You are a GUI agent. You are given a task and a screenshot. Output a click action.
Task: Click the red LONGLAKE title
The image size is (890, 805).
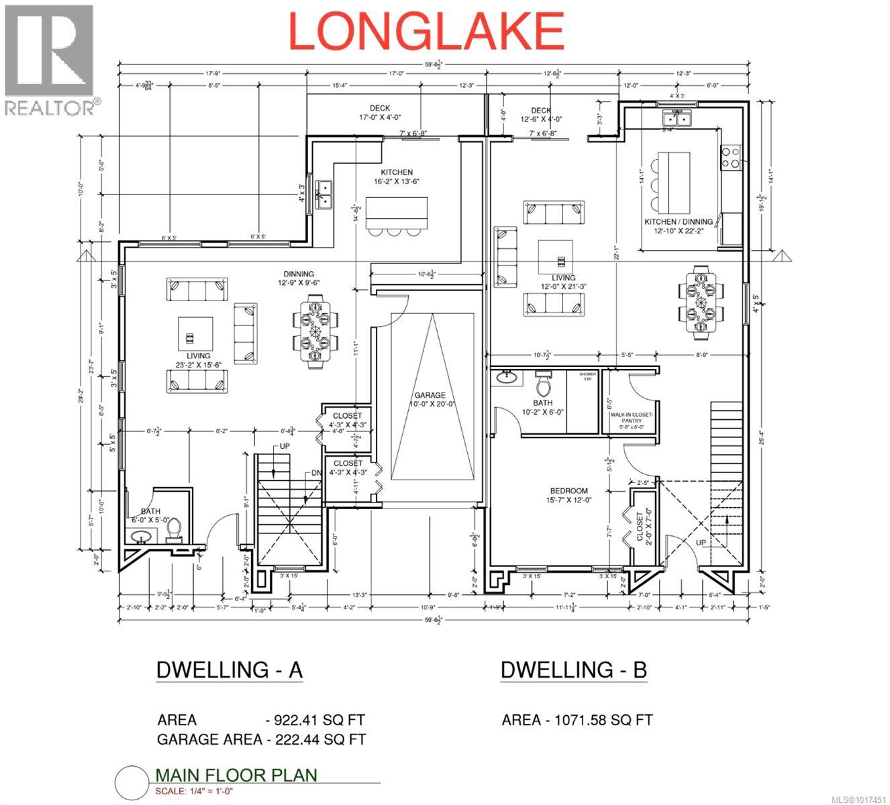426,32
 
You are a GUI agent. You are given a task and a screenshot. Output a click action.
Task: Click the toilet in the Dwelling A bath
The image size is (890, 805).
174,530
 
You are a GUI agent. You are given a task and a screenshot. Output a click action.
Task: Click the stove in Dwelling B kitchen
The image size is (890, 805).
730,157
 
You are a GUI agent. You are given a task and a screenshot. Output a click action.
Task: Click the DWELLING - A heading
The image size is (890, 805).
229,669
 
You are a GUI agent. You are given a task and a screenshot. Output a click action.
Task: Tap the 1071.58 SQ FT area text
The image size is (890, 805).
601,720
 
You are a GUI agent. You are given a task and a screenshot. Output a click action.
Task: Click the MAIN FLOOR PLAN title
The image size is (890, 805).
236,775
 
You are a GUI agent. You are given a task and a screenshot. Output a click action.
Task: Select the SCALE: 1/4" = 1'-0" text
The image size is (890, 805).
194,791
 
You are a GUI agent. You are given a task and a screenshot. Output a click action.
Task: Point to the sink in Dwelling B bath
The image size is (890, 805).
507,378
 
